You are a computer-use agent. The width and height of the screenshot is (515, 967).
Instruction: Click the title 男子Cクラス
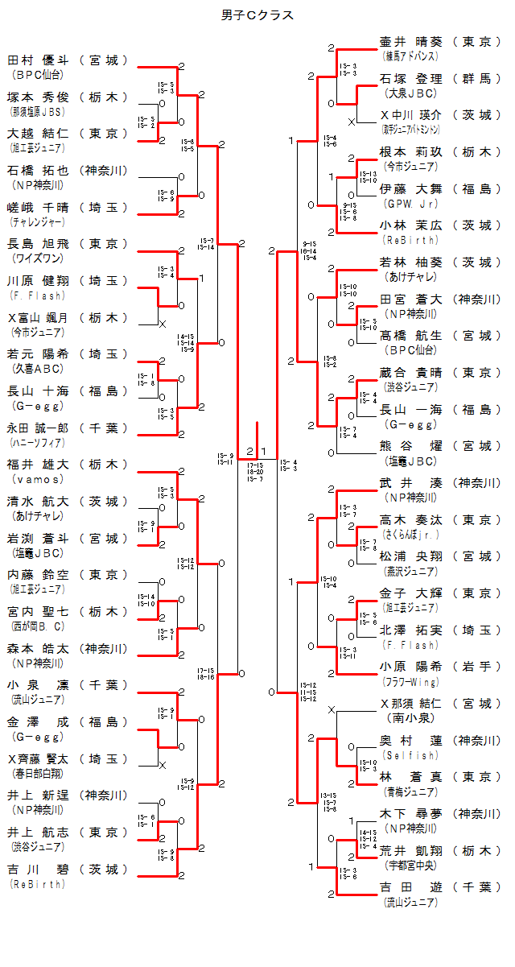(257, 15)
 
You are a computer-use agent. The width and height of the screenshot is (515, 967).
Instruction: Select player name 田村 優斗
(38, 60)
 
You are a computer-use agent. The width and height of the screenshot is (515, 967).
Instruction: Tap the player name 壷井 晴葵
(410, 42)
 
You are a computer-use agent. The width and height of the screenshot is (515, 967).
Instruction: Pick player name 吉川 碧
(38, 870)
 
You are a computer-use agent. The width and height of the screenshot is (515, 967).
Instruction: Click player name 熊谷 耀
(410, 446)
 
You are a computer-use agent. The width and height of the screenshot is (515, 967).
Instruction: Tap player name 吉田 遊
(410, 887)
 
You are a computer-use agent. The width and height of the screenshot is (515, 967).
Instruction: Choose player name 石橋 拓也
(38, 170)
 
